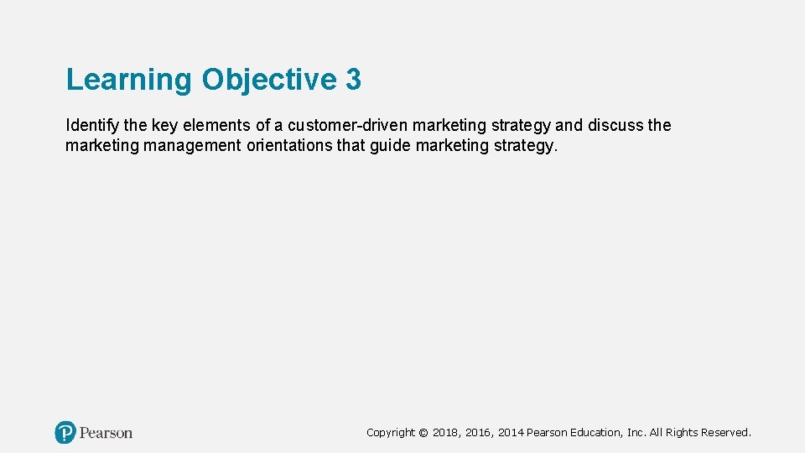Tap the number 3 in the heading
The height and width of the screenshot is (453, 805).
[x=353, y=80]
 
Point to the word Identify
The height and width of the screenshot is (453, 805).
[x=91, y=126]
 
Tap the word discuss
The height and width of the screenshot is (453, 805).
[x=615, y=126]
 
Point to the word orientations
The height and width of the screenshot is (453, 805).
[x=288, y=146]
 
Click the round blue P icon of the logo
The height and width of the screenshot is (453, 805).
[x=65, y=433]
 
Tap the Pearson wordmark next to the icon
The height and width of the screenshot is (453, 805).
[x=106, y=433]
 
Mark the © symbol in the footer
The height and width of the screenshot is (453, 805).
[x=423, y=433]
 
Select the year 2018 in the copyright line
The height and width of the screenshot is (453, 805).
[x=446, y=433]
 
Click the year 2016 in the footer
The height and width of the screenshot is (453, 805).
[x=479, y=433]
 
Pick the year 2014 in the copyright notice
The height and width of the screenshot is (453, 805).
[x=511, y=433]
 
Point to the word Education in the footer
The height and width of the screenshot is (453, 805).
[x=596, y=433]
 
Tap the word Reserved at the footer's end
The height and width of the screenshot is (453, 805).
[x=726, y=433]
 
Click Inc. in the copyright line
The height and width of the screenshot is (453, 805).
[x=636, y=433]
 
